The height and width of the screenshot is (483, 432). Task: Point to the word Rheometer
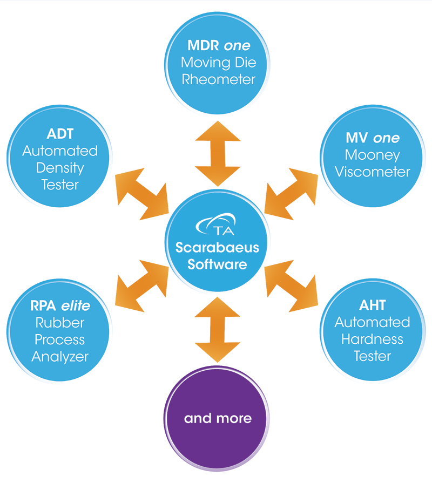[x=218, y=79]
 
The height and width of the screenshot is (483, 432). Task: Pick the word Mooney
[x=373, y=155]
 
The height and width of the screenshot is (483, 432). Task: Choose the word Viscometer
[x=373, y=172]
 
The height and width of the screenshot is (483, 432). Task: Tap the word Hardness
[x=373, y=339]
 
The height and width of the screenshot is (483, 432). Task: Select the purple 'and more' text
[x=218, y=418]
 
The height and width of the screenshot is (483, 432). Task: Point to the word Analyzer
[x=59, y=356]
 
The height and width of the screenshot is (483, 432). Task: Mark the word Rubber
[x=59, y=323]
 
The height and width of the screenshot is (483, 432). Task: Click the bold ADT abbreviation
[x=59, y=134]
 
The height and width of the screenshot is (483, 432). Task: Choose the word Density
[x=60, y=167]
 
